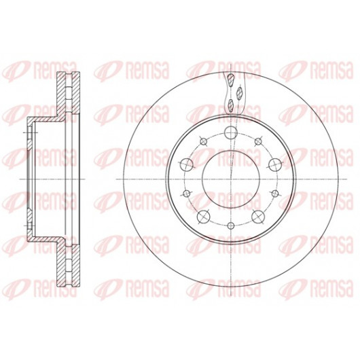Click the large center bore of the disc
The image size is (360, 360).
(x=231, y=179)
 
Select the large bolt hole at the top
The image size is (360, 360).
(x=231, y=132)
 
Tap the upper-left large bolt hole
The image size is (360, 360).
(x=187, y=164)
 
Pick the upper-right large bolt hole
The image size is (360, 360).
(x=275, y=164)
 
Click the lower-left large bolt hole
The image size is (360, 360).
(x=204, y=216)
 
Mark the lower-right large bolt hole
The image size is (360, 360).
(x=258, y=216)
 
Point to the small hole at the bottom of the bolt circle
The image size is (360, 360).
(x=231, y=226)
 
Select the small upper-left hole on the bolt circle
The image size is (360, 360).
(x=203, y=142)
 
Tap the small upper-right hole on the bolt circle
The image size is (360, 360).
(x=258, y=142)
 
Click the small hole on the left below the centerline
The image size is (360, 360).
(x=187, y=194)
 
